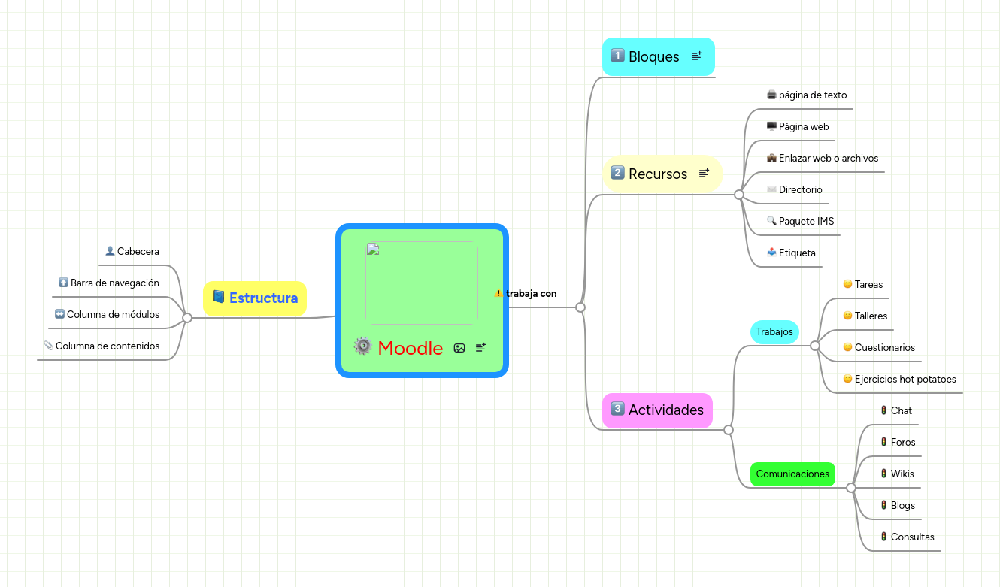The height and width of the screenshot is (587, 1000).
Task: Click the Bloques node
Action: [653, 56]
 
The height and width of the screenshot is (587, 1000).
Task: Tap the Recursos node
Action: [658, 174]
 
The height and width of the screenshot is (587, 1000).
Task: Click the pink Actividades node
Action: [665, 410]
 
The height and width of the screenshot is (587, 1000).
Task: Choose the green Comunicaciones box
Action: [792, 474]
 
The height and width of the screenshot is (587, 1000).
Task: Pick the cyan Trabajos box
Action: [774, 331]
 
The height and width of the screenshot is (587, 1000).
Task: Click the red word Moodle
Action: [410, 348]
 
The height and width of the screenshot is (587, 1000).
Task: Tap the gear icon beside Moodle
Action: [363, 346]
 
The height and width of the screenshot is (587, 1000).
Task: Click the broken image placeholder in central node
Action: [421, 283]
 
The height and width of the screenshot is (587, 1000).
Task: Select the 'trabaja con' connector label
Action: [531, 293]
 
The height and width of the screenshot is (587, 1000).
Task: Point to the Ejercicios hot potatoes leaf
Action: [905, 379]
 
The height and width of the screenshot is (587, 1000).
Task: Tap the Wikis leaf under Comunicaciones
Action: [902, 474]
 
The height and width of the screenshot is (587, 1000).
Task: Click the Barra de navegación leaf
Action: [114, 283]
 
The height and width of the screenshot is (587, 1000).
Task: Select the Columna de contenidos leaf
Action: [108, 346]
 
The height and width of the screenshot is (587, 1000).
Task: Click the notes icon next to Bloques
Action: [697, 56]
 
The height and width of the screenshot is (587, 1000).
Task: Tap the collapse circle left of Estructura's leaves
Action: [187, 318]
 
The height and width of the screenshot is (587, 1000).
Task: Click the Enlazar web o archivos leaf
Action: [828, 158]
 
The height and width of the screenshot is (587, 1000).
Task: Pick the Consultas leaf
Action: [912, 537]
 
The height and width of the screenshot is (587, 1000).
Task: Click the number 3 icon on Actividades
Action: [617, 409]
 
